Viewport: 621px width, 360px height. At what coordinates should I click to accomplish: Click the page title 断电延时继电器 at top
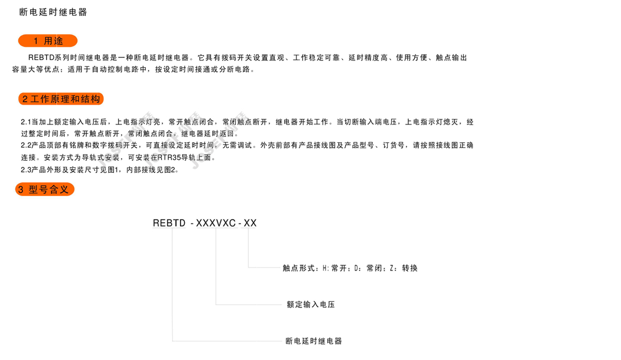[x=53, y=12]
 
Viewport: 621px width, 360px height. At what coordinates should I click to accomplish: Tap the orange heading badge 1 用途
[x=48, y=41]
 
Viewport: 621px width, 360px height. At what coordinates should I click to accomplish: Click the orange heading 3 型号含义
[x=45, y=190]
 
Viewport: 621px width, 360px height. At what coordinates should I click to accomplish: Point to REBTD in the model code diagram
[x=169, y=223]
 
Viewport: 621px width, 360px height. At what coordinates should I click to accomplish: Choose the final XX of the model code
[x=250, y=223]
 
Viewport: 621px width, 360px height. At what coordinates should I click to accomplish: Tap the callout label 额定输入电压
[x=310, y=305]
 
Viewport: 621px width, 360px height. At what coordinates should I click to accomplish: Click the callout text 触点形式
[x=300, y=268]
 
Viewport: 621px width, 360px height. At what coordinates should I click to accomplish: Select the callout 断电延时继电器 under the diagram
[x=314, y=341]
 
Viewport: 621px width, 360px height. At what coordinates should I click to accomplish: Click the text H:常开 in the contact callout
[x=336, y=268]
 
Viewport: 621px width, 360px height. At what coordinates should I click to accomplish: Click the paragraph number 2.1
[x=26, y=123]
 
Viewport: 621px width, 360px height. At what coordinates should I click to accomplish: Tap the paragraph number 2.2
[x=26, y=145]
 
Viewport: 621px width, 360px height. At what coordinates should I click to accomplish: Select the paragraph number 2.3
[x=26, y=170]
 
